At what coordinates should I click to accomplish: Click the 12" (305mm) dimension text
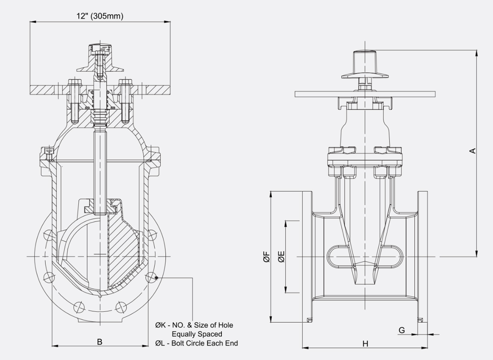[x=100, y=16]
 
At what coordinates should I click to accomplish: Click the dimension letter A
[x=473, y=150]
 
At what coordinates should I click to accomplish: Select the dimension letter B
[x=100, y=342]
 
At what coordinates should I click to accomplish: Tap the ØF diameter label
[x=266, y=257]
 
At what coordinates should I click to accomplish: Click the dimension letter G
[x=402, y=330]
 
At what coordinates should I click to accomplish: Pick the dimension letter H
[x=365, y=343]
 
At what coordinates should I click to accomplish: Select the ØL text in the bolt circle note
[x=160, y=343]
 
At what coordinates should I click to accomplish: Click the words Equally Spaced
[x=197, y=334]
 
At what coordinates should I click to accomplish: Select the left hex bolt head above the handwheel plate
[x=72, y=81]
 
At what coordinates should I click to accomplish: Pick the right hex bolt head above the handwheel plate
[x=126, y=81]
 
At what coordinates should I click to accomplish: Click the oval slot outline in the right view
[x=365, y=257]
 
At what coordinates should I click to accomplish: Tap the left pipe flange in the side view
[x=307, y=257]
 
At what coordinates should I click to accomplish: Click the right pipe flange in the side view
[x=422, y=257]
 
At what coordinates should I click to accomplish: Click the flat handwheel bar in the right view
[x=365, y=94]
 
